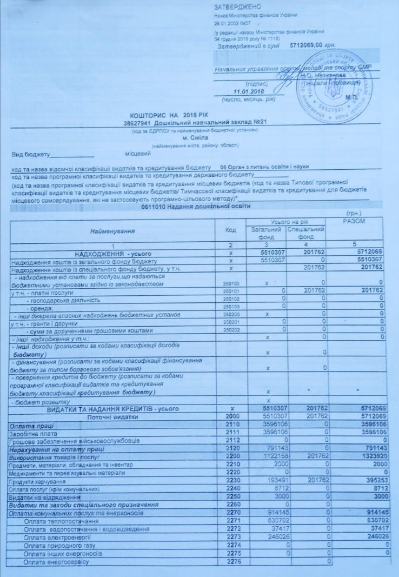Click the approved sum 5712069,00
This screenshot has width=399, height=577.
tap(307, 48)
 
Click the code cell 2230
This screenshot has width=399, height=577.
tap(232, 481)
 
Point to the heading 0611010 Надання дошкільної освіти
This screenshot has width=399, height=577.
tap(195, 207)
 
